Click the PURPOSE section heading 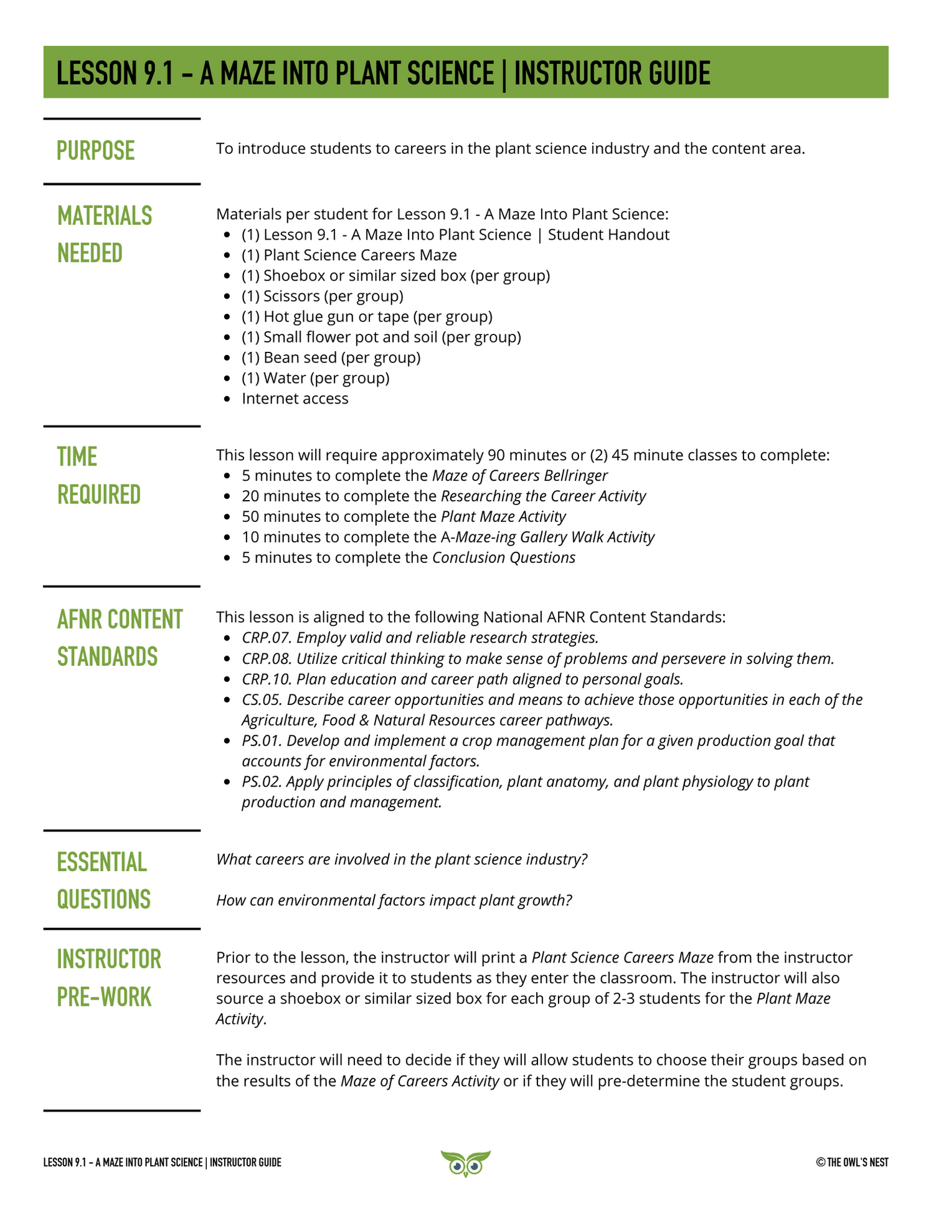point(96,151)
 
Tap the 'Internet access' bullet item point(295,399)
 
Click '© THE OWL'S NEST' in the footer point(852,1163)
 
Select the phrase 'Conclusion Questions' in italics point(503,557)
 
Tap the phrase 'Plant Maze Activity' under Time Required point(503,516)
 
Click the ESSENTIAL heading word point(102,862)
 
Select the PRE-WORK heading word point(104,997)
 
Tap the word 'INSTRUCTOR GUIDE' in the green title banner point(612,73)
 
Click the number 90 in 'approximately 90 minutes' point(496,455)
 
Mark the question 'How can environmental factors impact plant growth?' point(394,900)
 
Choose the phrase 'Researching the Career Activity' point(543,496)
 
